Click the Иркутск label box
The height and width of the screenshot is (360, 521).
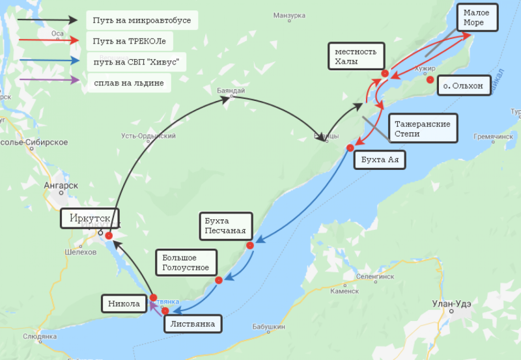click(90, 218)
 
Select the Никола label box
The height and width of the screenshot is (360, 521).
click(124, 303)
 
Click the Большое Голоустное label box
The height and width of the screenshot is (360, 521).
click(186, 262)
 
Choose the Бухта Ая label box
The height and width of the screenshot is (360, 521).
click(380, 160)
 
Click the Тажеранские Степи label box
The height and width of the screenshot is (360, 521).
click(423, 128)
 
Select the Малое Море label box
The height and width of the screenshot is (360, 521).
click(479, 18)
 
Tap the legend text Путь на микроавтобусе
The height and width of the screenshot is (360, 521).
click(142, 20)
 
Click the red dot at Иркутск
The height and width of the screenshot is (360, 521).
click(109, 236)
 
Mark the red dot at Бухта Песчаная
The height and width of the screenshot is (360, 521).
click(249, 246)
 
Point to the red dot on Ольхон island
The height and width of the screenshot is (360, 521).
click(430, 80)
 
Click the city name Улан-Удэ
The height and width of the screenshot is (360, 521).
click(452, 303)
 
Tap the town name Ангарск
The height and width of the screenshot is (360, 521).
click(61, 186)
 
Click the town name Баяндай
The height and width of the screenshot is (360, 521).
click(231, 91)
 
